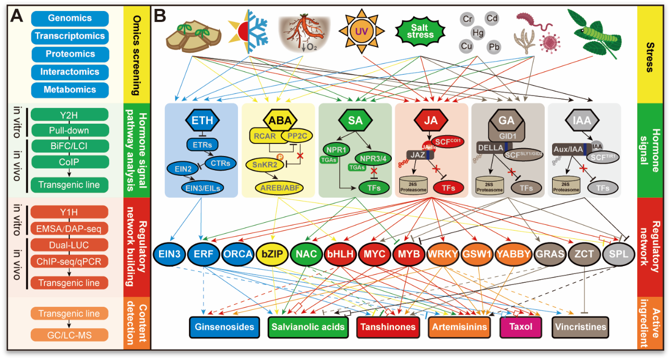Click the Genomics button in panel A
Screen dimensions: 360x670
pos(70,18)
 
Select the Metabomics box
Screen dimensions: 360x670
pos(70,89)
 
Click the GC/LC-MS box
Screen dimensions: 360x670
pos(70,335)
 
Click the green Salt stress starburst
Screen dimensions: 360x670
pos(420,31)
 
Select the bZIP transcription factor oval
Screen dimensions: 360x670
pos(273,255)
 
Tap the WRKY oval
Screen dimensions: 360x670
pos(444,255)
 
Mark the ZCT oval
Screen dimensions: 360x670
pos(584,255)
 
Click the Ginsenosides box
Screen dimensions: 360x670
pos(225,327)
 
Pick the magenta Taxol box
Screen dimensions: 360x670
pos(520,327)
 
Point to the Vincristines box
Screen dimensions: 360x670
pos(581,327)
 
